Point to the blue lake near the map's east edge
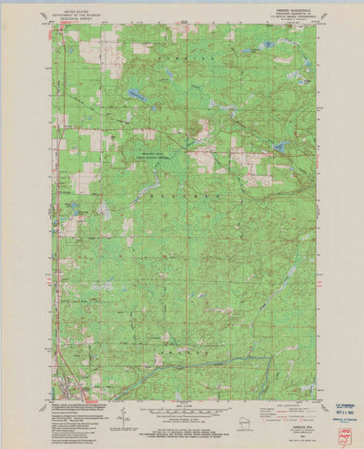(281, 146)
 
